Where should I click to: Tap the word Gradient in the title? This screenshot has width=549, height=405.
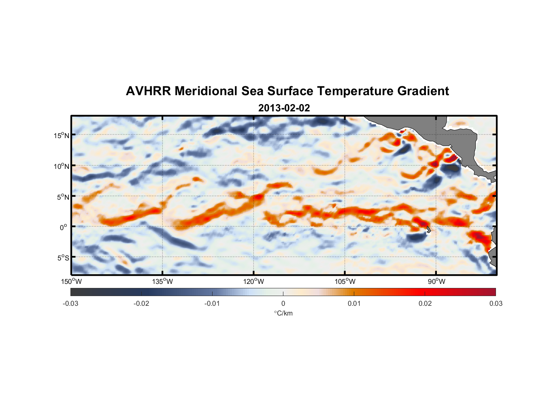(423, 91)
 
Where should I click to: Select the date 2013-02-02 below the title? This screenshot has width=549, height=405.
(284, 108)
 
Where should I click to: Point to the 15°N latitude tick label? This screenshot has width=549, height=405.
(62, 135)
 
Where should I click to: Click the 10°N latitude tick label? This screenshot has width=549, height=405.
(62, 166)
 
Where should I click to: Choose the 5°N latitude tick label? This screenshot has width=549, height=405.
(63, 197)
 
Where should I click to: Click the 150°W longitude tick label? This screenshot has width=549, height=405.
(71, 281)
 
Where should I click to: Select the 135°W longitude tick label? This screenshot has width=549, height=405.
(162, 281)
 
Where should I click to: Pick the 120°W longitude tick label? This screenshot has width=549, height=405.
(253, 281)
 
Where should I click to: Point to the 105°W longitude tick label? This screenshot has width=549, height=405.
(345, 281)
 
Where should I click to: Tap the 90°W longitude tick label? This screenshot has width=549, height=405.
(436, 281)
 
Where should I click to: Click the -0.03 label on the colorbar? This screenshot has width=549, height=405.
(70, 303)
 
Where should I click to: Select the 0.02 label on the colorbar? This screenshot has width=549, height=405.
(425, 303)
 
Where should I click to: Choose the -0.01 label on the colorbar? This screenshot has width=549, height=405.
(212, 303)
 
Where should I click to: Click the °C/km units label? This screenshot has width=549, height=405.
(283, 313)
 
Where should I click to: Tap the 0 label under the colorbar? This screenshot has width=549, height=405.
(283, 303)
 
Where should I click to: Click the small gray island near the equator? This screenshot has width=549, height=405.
(428, 229)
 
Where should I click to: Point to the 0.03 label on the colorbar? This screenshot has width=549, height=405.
(496, 303)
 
